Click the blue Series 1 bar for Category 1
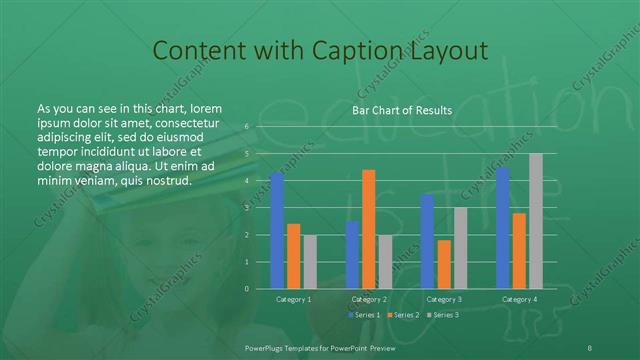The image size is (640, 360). [277, 230]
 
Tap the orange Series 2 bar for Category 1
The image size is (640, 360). [294, 256]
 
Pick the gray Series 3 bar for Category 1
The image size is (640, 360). [310, 262]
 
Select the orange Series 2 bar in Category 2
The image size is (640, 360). [369, 229]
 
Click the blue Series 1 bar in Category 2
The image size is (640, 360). [352, 255]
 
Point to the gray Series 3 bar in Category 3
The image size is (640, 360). [460, 248]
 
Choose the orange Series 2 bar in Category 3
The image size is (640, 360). [444, 264]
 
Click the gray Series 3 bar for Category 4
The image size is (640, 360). [536, 221]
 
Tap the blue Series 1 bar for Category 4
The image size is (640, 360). [503, 228]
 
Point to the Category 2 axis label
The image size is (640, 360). [369, 299]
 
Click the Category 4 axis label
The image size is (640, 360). [519, 299]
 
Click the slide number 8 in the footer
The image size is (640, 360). [590, 346]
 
